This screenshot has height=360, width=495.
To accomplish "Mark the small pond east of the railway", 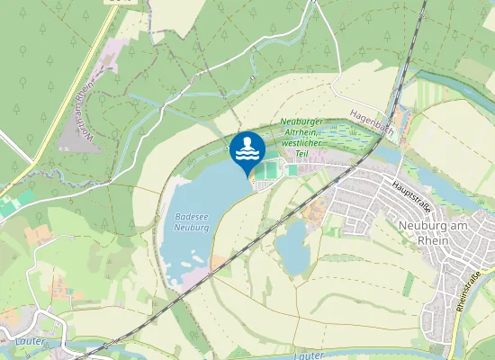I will [292, 246].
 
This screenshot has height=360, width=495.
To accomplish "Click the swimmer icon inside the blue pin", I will [247, 142].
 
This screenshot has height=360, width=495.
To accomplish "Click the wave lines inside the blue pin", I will [247, 154].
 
